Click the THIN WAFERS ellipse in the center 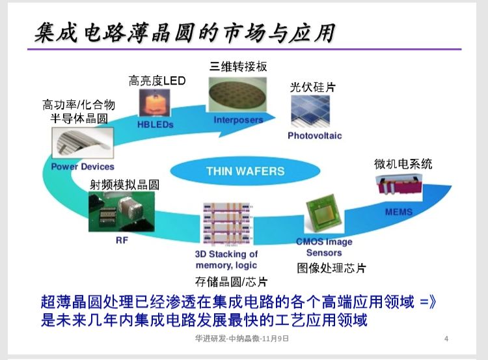(245, 171)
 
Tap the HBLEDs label (155, 124)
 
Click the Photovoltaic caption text (314, 135)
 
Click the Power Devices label (83, 167)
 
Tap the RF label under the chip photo (122, 240)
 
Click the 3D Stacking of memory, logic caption (226, 259)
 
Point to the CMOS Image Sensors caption (324, 247)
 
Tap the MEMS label (398, 212)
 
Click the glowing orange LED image (155, 103)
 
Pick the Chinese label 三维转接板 (238, 66)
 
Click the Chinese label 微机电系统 (403, 164)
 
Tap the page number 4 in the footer (446, 339)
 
